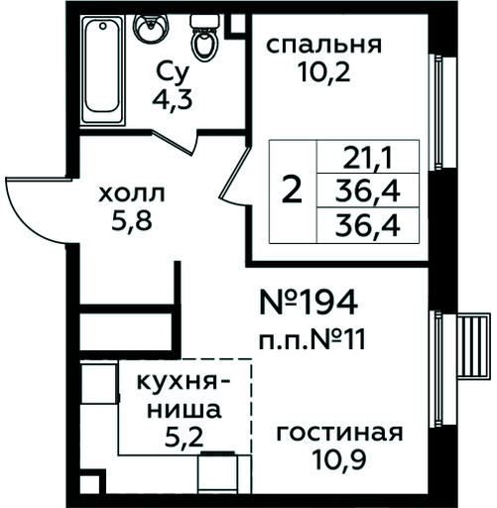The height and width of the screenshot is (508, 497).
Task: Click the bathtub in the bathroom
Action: tap(102, 70)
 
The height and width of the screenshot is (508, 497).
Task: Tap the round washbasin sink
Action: tap(151, 29)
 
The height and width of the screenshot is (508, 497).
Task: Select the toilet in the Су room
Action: tap(204, 38)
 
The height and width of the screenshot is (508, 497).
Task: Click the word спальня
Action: tap(323, 46)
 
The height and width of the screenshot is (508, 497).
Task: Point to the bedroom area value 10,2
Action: tap(323, 72)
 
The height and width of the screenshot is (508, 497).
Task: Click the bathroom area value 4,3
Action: tap(173, 99)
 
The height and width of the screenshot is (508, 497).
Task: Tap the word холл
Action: tap(132, 194)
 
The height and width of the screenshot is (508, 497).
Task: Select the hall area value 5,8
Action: tap(132, 220)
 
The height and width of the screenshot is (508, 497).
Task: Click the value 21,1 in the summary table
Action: tap(368, 158)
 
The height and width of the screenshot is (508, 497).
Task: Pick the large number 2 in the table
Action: tap(292, 190)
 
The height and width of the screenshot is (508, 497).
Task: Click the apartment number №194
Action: tap(309, 302)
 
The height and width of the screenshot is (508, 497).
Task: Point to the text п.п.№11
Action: tap(312, 340)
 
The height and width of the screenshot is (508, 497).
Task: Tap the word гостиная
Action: tap(339, 434)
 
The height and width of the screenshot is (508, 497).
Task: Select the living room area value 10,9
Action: tap(339, 460)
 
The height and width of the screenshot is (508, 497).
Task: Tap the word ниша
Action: tap(184, 409)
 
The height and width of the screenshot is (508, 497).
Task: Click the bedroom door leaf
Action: tap(235, 175)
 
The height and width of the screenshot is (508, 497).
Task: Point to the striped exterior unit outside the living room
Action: tap(473, 346)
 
